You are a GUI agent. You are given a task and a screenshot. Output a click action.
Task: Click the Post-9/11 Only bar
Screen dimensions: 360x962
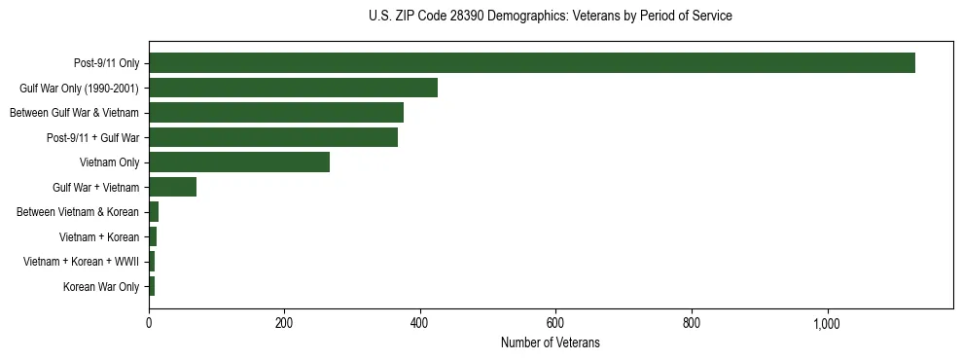(531, 63)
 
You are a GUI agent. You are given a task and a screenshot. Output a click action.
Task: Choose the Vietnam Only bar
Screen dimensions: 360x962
(238, 162)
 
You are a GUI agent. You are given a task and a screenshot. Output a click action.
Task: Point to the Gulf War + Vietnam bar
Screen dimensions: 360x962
(172, 187)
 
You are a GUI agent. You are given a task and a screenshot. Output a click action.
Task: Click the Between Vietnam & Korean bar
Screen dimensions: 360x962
(154, 212)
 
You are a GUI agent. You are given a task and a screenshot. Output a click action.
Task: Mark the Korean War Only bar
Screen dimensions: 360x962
(152, 286)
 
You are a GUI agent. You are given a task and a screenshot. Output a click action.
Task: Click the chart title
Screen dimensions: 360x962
(551, 17)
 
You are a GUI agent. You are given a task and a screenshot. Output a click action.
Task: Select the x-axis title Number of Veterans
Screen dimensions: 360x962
(551, 342)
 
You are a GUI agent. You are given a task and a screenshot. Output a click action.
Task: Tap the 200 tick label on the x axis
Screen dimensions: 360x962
(284, 323)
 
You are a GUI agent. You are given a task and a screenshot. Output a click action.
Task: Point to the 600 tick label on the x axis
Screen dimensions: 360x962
(555, 323)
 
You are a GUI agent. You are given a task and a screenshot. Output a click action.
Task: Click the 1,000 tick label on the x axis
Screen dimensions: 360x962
(827, 323)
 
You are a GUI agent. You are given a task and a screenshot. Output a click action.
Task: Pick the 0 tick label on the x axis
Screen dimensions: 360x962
(149, 323)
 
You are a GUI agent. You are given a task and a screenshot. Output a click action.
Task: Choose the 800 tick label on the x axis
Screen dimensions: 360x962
(692, 323)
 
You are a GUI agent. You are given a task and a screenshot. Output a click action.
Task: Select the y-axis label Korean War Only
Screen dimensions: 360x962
(101, 286)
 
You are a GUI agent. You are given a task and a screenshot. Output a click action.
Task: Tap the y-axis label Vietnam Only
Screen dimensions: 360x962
(109, 162)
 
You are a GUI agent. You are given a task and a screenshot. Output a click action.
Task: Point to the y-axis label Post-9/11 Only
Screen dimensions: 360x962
(106, 63)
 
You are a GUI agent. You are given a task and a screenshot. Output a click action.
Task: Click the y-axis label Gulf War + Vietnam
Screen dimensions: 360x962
(95, 187)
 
